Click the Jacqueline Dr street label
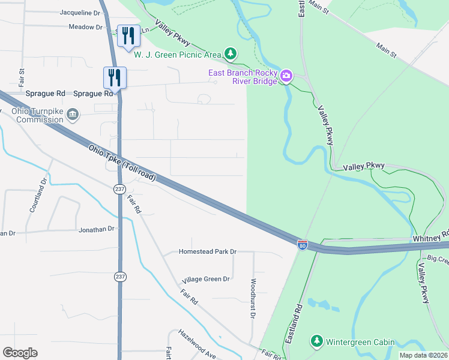tap(80, 12)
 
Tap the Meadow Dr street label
tap(86, 27)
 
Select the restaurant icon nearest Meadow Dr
tap(129, 36)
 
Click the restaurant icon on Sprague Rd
tap(114, 77)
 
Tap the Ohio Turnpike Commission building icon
tap(72, 113)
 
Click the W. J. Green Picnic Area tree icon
tap(230, 55)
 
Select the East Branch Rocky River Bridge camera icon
tap(286, 76)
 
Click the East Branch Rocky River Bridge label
tap(243, 77)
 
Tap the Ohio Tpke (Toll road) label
tap(122, 163)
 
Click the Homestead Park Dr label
tap(208, 252)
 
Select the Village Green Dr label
tap(206, 279)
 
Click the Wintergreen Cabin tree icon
tap(316, 342)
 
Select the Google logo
tap(20, 353)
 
